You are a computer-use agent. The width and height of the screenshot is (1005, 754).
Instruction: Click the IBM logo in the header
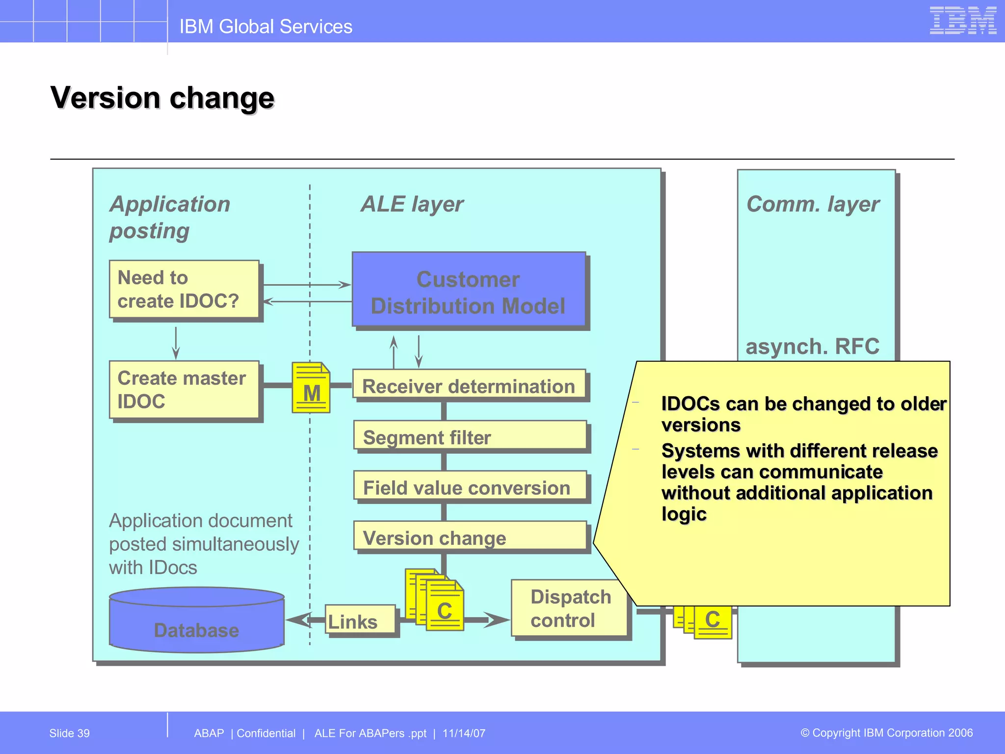[x=962, y=21]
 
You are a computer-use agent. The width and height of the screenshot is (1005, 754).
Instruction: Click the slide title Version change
[x=162, y=98]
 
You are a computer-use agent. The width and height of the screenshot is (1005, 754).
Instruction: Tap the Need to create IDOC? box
[x=184, y=289]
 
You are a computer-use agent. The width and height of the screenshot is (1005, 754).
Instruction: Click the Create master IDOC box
[x=184, y=390]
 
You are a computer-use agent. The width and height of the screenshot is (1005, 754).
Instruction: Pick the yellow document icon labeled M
[x=311, y=388]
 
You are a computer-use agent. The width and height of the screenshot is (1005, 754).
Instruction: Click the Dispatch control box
[x=569, y=608]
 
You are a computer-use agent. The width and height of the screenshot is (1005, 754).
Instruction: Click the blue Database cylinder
[x=196, y=623]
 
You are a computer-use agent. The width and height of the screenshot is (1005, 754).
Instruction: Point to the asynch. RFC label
[x=813, y=347]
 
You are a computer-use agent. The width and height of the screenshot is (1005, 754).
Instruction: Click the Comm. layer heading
[x=813, y=204]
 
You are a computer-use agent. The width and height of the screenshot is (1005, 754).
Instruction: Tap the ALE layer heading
[x=412, y=204]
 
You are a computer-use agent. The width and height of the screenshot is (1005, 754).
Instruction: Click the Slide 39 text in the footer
[x=69, y=733]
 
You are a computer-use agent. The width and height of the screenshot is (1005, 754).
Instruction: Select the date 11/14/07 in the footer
[x=464, y=733]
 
